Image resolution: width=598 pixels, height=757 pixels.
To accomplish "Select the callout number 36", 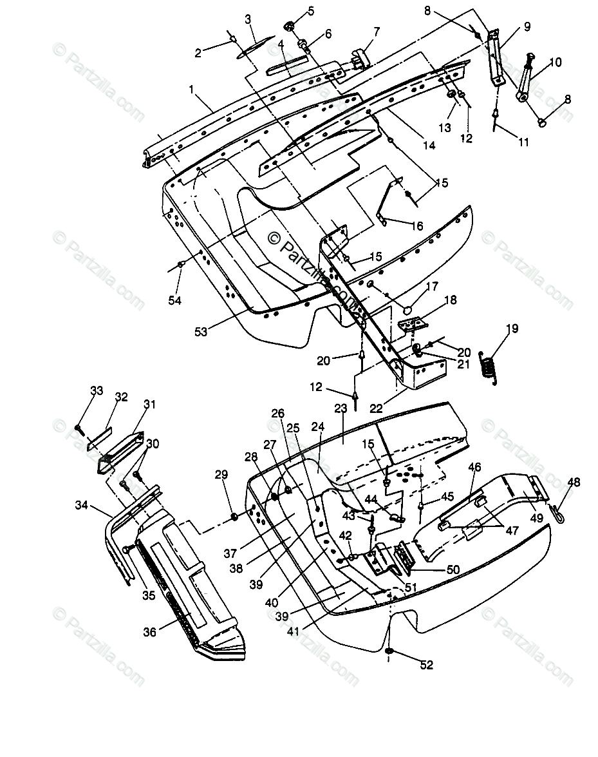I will tap(149, 632).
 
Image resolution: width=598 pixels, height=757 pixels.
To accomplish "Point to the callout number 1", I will tap(191, 91).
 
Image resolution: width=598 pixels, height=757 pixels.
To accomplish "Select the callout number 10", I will tap(556, 62).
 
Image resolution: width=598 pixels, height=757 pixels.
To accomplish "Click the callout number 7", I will tap(377, 31).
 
